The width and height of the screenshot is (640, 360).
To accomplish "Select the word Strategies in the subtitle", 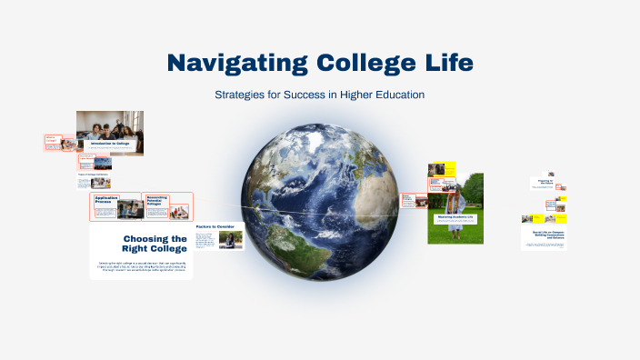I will pyautogui.click(x=240, y=95).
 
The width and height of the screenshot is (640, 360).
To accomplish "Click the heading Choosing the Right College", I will pyautogui.click(x=155, y=244).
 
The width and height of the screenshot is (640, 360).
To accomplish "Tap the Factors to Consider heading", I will pyautogui.click(x=215, y=225).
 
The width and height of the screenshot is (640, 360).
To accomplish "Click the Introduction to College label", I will pyautogui.click(x=108, y=144).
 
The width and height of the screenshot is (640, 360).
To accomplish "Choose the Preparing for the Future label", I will pyautogui.click(x=545, y=182).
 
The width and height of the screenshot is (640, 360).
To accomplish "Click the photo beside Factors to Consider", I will pyautogui.click(x=231, y=240).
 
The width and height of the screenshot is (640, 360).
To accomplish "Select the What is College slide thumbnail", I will pyautogui.click(x=55, y=141).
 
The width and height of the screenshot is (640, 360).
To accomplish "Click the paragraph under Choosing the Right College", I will pyautogui.click(x=141, y=266).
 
